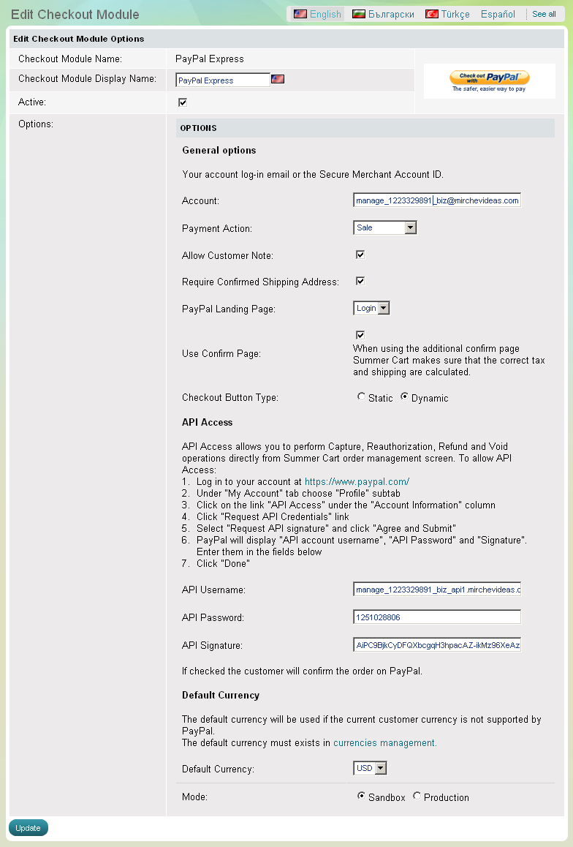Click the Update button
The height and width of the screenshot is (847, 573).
tap(28, 828)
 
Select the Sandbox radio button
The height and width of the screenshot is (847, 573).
tap(361, 797)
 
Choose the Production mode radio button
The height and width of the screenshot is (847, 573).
tap(417, 797)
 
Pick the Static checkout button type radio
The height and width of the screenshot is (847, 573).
tap(361, 397)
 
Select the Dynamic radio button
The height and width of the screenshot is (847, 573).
tap(404, 397)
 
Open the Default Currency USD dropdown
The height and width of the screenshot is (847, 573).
tap(370, 769)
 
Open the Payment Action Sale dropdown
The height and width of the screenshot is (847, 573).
tap(384, 228)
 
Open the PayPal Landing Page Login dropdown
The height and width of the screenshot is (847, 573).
tap(371, 309)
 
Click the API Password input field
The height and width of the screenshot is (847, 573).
tap(436, 617)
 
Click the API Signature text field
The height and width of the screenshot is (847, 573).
tap(436, 645)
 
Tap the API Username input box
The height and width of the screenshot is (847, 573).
tap(436, 590)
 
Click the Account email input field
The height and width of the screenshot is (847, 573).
tap(436, 200)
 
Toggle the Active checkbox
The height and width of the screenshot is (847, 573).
tap(183, 102)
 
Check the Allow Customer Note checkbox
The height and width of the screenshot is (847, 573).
tap(360, 255)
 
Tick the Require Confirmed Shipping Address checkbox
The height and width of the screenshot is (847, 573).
tap(360, 281)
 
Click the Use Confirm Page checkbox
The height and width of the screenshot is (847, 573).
tap(360, 335)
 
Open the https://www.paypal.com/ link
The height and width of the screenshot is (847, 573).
tap(357, 482)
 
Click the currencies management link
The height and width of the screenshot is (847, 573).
tap(384, 743)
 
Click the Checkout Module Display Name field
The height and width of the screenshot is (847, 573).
tap(223, 80)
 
